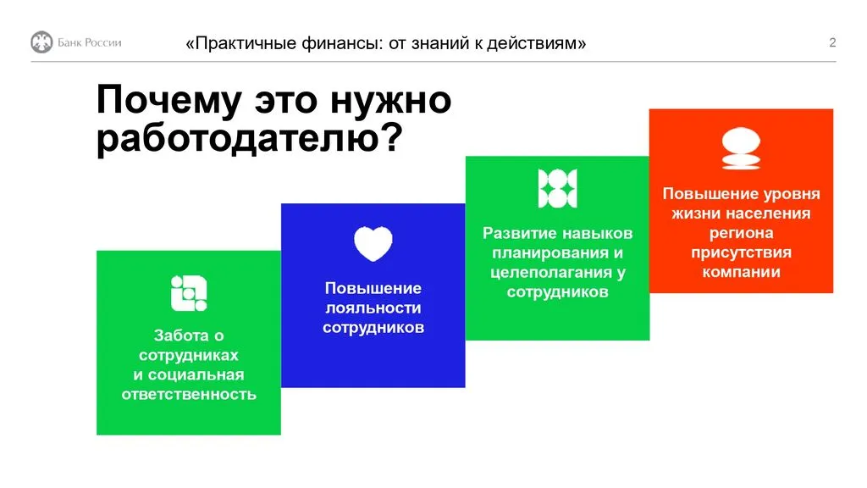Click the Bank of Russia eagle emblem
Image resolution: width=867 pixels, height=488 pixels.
point(41,42)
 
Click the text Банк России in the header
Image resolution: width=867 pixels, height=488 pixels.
point(89,43)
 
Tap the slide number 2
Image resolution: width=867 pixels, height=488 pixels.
point(832,43)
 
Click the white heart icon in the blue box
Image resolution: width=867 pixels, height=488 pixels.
point(373,244)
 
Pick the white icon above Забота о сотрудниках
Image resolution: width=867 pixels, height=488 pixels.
point(189,293)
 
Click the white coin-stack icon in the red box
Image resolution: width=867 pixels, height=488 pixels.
point(741,149)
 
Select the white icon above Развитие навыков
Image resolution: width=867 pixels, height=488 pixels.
point(557,188)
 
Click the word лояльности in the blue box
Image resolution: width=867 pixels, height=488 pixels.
point(373,308)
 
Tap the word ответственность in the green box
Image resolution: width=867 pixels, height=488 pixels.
point(189,394)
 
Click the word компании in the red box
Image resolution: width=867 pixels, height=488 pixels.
point(741,272)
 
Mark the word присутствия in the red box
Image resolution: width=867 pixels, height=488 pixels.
point(741,252)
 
